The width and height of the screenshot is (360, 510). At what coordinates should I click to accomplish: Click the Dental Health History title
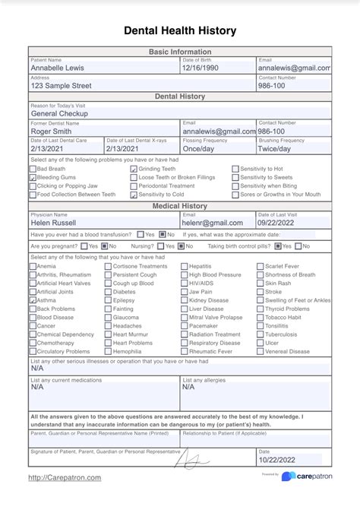tap(180, 30)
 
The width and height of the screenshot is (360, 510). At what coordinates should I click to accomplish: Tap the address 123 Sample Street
tap(61, 86)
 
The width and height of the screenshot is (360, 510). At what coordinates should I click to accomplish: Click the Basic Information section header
tap(180, 52)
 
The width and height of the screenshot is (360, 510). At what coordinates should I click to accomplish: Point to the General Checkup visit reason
tap(59, 113)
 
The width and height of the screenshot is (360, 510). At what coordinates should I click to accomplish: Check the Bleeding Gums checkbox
tap(33, 177)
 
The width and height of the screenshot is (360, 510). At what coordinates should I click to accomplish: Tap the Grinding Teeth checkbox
tap(134, 169)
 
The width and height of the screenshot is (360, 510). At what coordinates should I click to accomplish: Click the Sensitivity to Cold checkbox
tap(134, 195)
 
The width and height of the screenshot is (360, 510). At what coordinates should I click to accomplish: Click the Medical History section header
tap(180, 205)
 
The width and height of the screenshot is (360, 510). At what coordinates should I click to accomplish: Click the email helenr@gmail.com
tap(213, 223)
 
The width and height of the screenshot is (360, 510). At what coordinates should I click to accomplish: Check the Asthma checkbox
tap(33, 301)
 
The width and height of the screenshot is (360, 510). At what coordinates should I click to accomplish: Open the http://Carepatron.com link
tap(65, 477)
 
